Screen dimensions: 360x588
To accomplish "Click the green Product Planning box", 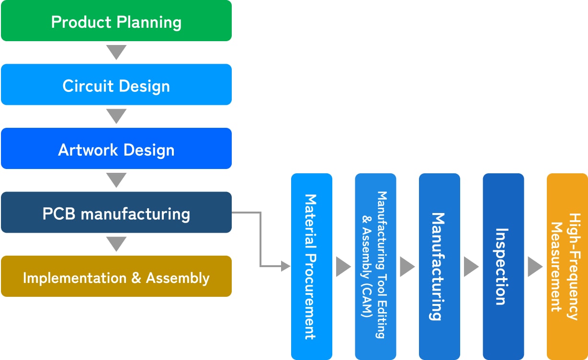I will pos(116,21).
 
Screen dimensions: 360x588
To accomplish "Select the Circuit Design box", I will pos(116,85).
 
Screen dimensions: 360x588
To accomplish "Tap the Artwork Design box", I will pos(116,148).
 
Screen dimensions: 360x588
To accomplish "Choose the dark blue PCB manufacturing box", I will pos(116,213).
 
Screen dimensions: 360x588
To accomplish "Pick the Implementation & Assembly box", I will pos(116,276).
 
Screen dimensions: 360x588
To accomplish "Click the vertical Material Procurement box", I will pos(311,266).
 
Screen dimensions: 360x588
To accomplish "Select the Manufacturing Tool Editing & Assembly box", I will pos(375,266).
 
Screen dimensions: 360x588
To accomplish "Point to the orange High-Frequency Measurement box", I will pos(567,266).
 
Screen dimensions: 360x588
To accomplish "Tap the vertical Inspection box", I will pos(503,266).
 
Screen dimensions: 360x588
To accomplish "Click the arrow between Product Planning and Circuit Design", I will pos(116,52).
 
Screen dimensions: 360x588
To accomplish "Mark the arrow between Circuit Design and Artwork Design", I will pos(116,115).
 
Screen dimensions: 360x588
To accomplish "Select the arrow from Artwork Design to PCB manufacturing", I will pos(116,180).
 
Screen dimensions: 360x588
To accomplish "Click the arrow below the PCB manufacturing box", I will pos(116,243).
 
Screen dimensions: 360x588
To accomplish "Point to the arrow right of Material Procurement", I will pos(343,267).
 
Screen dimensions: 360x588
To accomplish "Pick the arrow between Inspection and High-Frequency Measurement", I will pos(535,267).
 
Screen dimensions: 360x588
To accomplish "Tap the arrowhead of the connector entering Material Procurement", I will pos(286,266).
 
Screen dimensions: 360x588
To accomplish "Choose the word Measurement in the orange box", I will pos(556,267).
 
